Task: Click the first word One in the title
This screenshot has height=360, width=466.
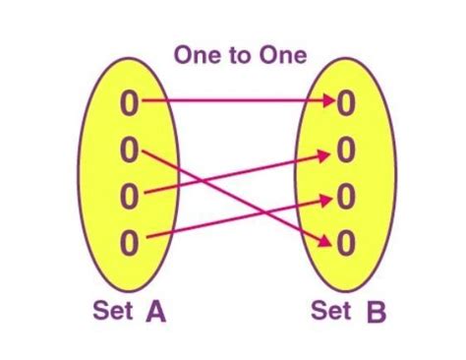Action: tap(197, 55)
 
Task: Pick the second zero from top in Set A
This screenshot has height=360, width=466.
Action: tap(130, 150)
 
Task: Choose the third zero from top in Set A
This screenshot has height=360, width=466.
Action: tap(130, 195)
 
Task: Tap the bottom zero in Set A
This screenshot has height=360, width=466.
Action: tap(130, 239)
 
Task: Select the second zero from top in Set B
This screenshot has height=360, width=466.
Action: tap(345, 150)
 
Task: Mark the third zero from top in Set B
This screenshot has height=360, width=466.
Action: tap(345, 195)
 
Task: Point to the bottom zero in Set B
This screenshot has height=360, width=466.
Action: tap(345, 239)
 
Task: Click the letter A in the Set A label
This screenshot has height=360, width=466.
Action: tap(155, 314)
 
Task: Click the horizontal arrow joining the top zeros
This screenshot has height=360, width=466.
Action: tap(236, 100)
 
